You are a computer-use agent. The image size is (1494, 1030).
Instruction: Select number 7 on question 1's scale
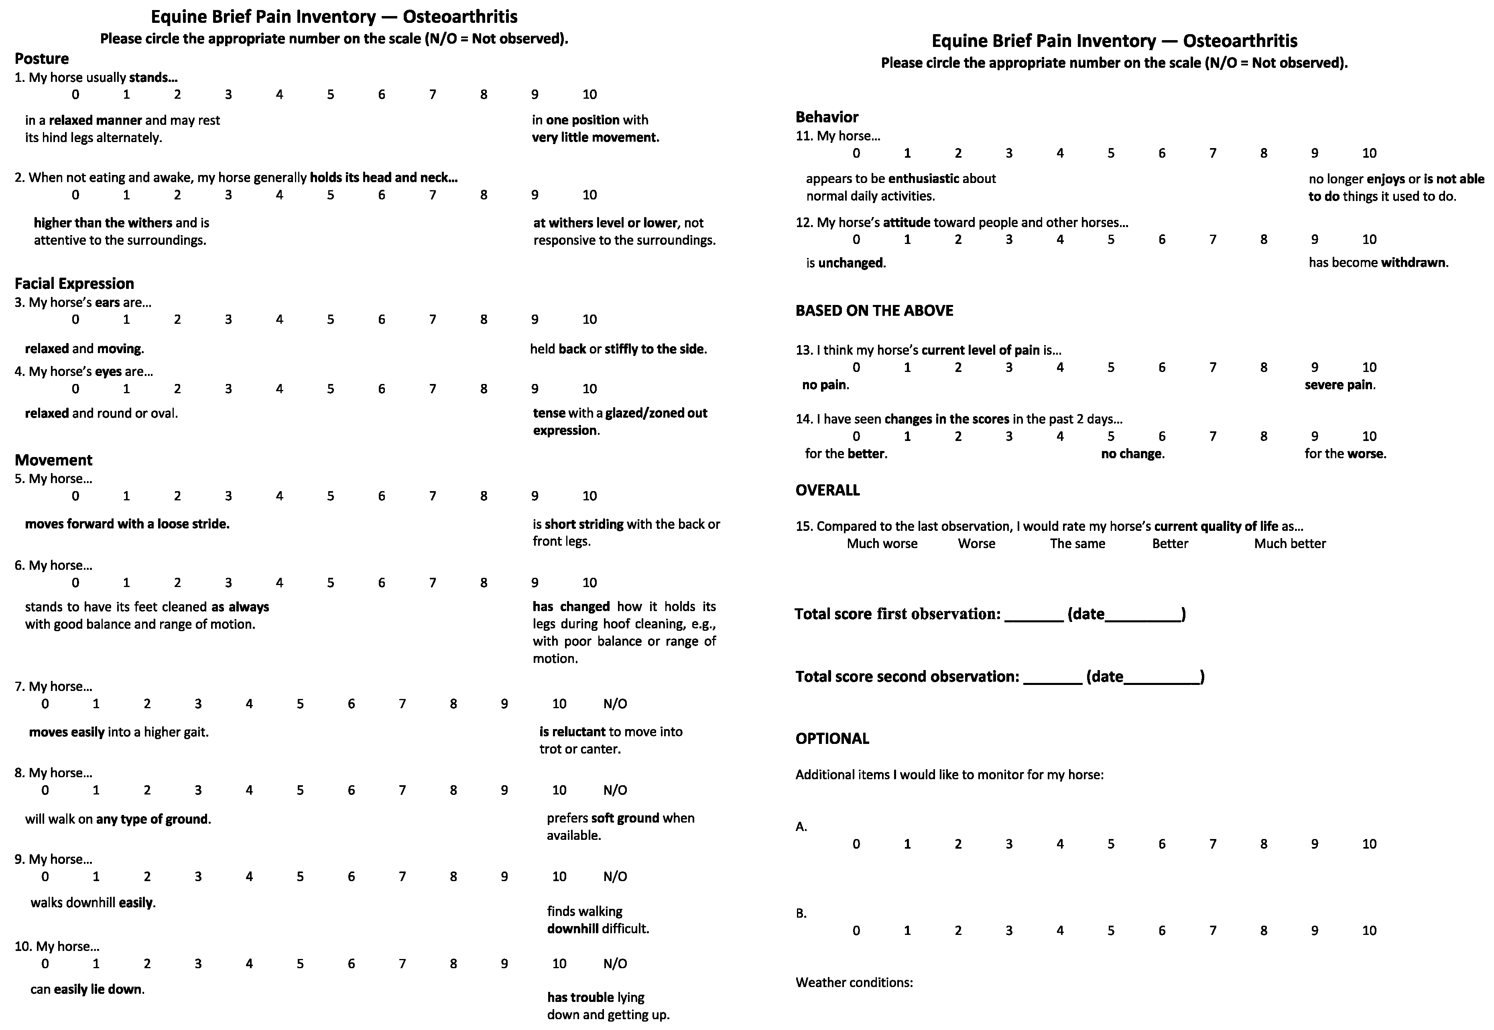432,95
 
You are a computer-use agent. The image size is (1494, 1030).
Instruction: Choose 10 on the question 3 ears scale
589,319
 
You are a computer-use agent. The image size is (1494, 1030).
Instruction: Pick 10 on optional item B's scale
1369,930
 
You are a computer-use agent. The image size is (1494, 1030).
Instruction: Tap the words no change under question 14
1132,454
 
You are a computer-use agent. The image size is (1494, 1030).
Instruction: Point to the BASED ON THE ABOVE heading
874,311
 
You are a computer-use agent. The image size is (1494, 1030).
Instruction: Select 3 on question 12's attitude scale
1009,240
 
